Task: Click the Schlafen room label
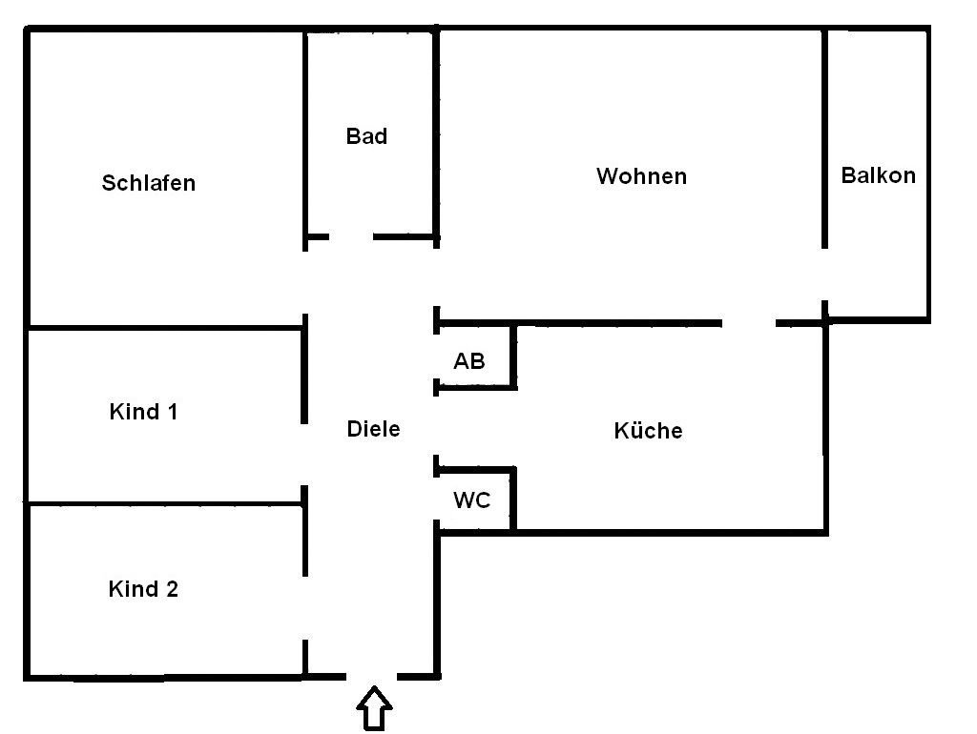pos(148,183)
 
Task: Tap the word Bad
pos(366,136)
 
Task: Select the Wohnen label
pos(641,176)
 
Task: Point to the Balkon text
pos(878,175)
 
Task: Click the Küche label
pos(648,430)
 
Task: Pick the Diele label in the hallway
pos(373,429)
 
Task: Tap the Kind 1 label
pos(143,412)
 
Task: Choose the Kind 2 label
pos(143,589)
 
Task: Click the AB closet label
pos(469,361)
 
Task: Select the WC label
pos(471,500)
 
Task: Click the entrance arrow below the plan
pos(374,708)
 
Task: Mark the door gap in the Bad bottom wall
pos(351,237)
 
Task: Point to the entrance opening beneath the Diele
pos(371,677)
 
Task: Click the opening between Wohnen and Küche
pos(748,323)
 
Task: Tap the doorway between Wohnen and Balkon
pos(824,275)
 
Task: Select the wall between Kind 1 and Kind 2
pos(165,503)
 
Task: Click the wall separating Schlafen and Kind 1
pos(165,327)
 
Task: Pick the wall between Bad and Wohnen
pos(436,137)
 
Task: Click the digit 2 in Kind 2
pos(172,589)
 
